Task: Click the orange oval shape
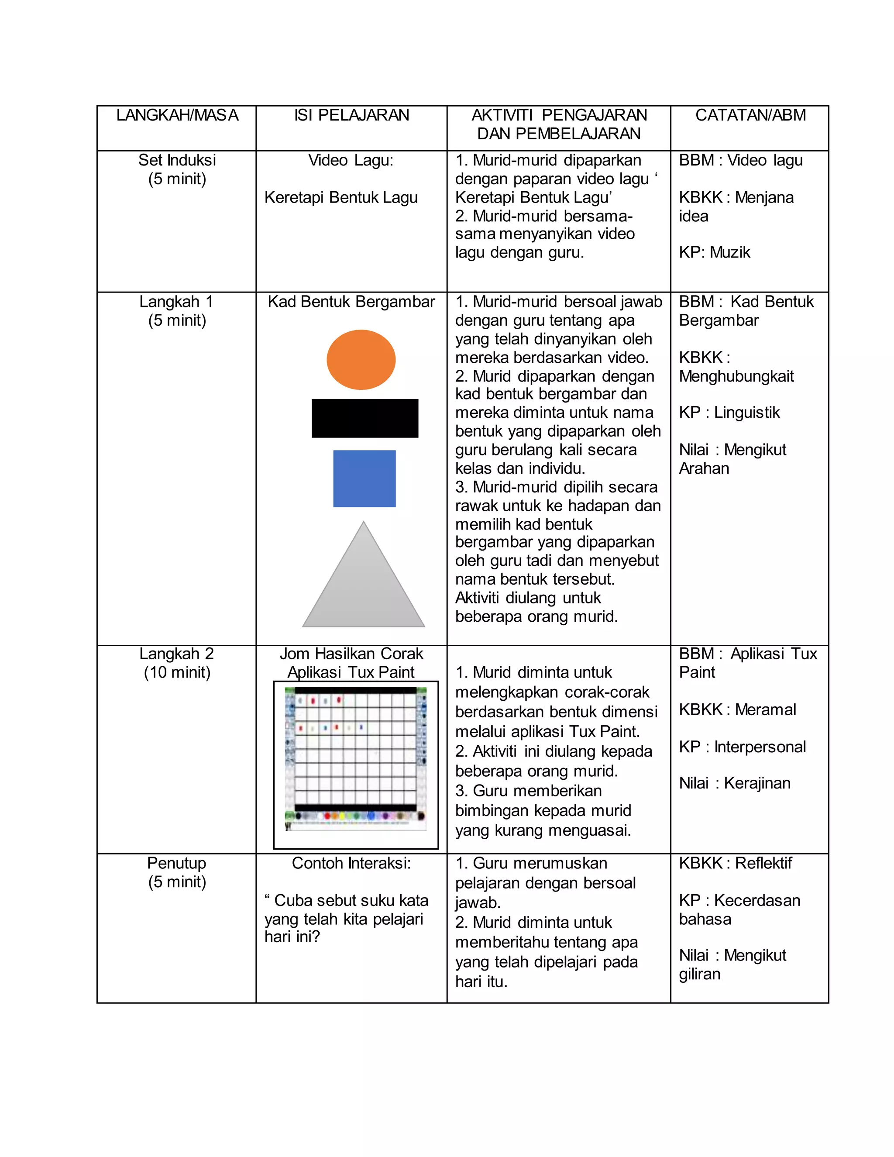pos(361,360)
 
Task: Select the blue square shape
pos(364,479)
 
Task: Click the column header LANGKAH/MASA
pos(177,116)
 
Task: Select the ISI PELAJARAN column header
pos(352,116)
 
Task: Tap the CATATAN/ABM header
pos(750,116)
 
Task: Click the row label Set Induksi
pos(177,160)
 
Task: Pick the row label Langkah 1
pos(176,301)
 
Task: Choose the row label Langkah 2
pos(176,654)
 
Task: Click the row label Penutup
pos(176,863)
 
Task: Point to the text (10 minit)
pos(177,672)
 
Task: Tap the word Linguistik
pos(747,412)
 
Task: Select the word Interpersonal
pos(760,747)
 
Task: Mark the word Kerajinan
pos(757,783)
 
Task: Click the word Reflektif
pos(763,863)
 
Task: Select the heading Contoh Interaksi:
pos(351,863)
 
